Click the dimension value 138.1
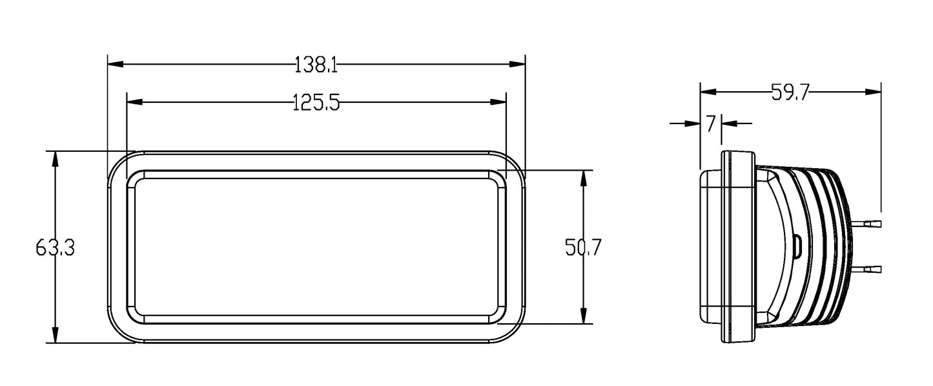pyautogui.click(x=316, y=65)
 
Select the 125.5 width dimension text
pyautogui.click(x=316, y=102)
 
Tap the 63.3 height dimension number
pyautogui.click(x=56, y=248)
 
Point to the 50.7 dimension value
pyautogui.click(x=583, y=248)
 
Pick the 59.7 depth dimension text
pyautogui.click(x=790, y=92)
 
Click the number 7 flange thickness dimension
pyautogui.click(x=710, y=123)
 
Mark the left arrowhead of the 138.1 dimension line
pyautogui.click(x=115, y=65)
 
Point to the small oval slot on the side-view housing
pyautogui.click(x=797, y=246)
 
